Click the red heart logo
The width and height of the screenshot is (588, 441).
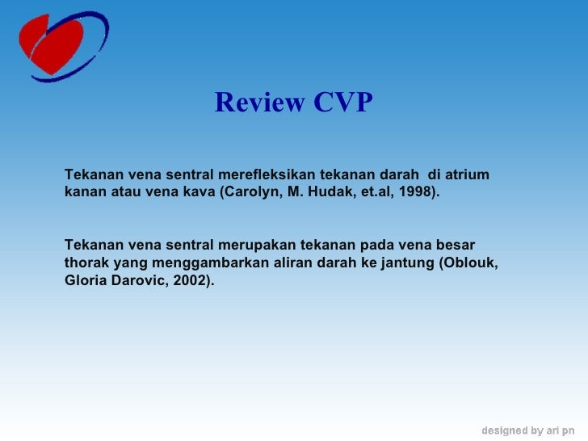(x=52, y=45)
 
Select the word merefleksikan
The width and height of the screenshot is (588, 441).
(x=267, y=175)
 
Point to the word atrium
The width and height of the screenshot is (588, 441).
(x=468, y=175)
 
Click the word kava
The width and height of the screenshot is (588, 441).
(x=199, y=194)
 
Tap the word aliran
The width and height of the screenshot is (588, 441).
(x=271, y=263)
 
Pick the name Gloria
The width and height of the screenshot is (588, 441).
(x=84, y=282)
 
